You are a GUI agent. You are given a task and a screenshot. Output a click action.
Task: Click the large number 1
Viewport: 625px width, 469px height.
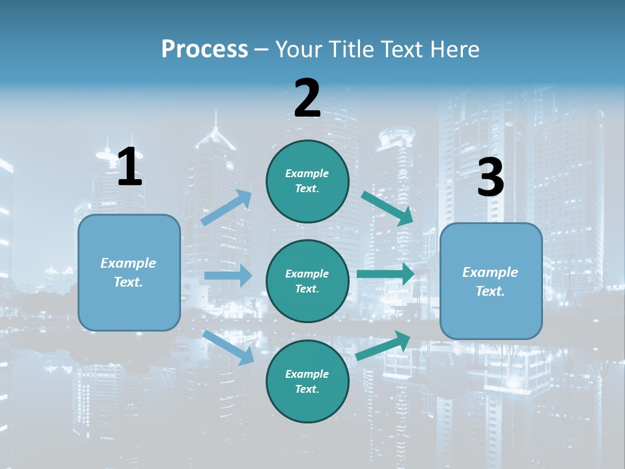130,167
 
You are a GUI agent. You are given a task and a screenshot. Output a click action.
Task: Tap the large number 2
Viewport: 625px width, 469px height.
307,98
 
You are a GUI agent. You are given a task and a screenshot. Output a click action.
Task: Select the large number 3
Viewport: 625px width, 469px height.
491,178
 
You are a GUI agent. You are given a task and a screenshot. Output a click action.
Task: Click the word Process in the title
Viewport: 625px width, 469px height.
204,49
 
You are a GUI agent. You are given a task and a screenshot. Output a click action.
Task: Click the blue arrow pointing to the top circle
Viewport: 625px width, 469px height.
227,208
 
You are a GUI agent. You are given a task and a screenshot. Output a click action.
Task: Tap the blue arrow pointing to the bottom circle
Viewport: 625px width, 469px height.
229,347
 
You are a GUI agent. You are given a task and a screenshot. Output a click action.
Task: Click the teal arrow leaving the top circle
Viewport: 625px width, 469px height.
387,208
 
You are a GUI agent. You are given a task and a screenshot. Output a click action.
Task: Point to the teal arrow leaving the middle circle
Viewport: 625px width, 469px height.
385,274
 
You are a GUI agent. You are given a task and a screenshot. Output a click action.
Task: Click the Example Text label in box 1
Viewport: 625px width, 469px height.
128,272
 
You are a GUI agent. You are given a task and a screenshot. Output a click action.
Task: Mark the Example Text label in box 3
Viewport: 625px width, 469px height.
490,281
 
